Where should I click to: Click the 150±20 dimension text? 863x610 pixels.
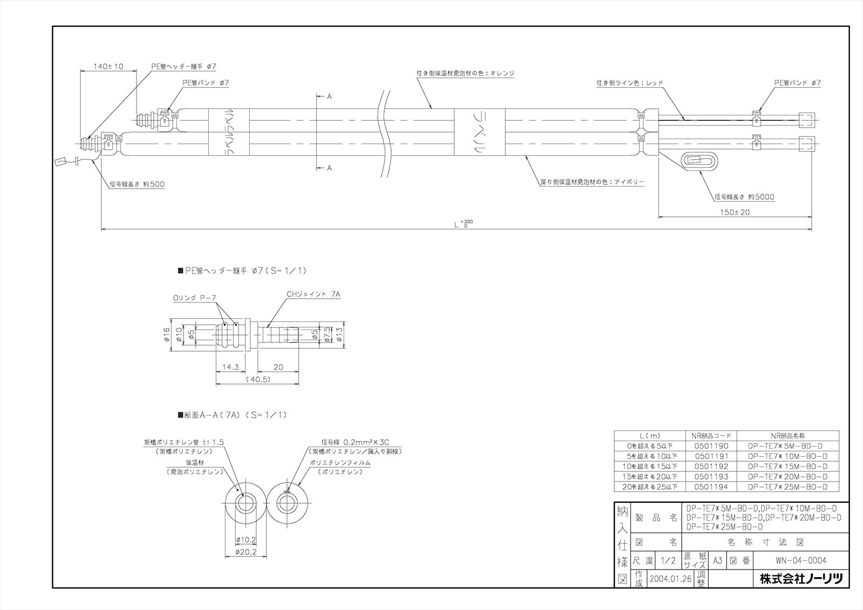click(x=735, y=212)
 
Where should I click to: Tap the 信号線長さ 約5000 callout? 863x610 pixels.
click(x=744, y=197)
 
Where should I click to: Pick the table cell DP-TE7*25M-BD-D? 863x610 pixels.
click(x=787, y=487)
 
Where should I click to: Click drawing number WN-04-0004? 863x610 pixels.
click(x=800, y=560)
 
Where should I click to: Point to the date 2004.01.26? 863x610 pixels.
click(x=670, y=579)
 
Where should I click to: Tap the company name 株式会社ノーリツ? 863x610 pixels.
click(x=801, y=579)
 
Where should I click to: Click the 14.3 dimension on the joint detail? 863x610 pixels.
click(x=230, y=367)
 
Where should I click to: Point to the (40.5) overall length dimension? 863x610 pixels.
click(x=258, y=380)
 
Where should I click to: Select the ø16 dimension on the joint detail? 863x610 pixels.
click(x=166, y=336)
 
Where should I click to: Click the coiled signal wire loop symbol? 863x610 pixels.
click(x=699, y=161)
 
